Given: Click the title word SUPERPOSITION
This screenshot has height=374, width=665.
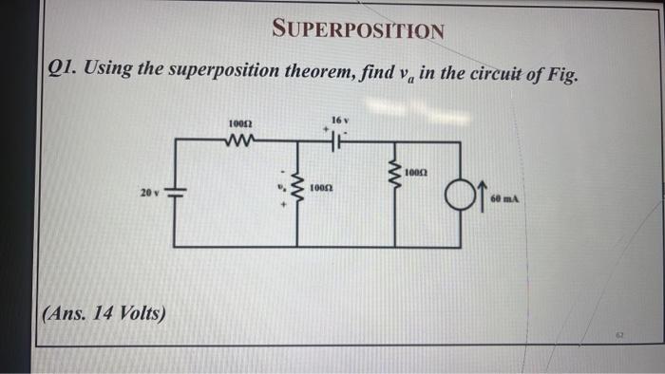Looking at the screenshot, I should coord(358,30).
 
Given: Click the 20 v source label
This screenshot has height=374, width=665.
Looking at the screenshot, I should coord(147,193).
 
